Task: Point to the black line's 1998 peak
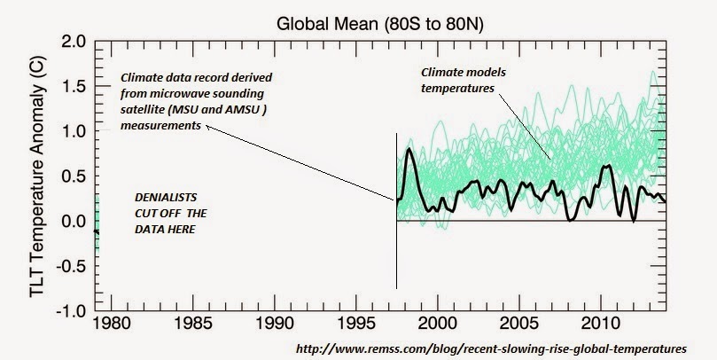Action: coord(409,150)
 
